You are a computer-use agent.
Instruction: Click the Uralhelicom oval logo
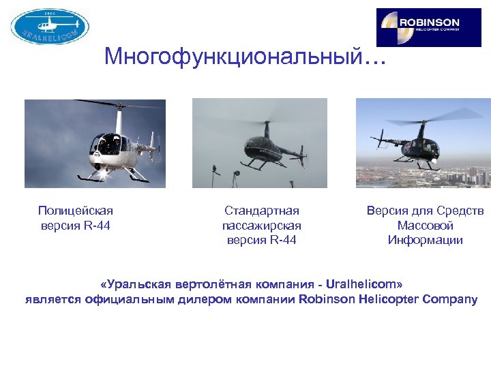click(50, 27)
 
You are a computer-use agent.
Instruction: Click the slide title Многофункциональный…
click(245, 57)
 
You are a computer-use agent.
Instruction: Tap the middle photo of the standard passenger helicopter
click(259, 143)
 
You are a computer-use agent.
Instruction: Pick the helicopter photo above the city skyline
click(423, 143)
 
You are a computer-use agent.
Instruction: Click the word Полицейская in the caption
click(76, 211)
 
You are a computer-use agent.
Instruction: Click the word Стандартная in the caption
click(262, 211)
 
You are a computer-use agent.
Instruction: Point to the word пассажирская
click(262, 225)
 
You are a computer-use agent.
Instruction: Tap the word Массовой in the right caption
click(425, 225)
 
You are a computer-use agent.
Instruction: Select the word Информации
click(425, 239)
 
